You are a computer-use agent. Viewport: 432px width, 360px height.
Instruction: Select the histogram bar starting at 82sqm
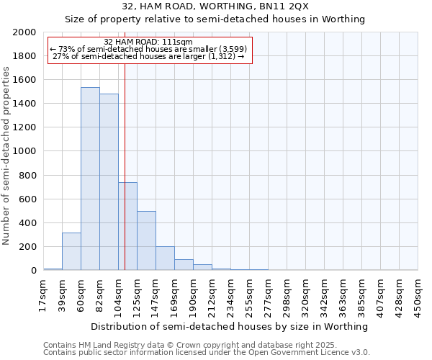pos(109,182)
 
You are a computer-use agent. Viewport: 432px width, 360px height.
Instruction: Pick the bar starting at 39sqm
pos(71,251)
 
